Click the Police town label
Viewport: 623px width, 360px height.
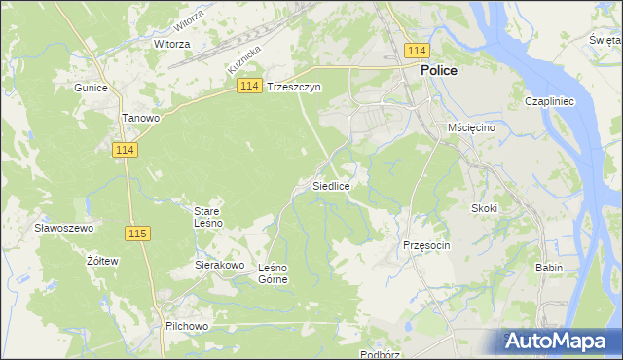coord(439,71)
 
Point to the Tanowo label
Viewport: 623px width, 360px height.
coord(140,118)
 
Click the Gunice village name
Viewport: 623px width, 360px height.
coord(90,87)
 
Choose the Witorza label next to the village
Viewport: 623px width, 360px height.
coord(171,44)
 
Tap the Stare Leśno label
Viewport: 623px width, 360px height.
coord(208,216)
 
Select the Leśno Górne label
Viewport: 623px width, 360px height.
coord(272,273)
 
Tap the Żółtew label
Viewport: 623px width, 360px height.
coord(102,261)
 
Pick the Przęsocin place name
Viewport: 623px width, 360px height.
coord(426,245)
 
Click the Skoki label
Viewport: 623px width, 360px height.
coord(484,208)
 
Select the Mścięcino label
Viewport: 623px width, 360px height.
coord(472,127)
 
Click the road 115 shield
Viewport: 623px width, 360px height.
coord(137,234)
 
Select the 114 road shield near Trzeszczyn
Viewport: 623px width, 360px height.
coord(248,87)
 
